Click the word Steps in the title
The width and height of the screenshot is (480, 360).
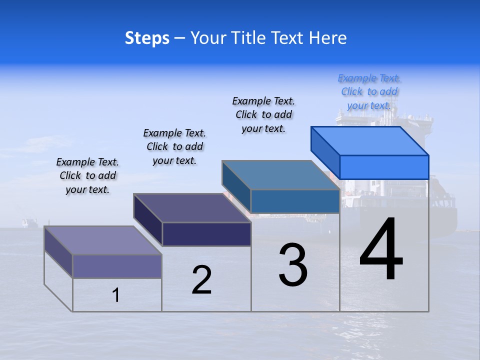[147, 38]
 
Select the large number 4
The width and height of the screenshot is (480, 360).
[381, 250]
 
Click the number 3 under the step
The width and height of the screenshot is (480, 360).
[293, 265]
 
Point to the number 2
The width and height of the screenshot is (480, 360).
[202, 280]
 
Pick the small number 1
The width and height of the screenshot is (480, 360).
[116, 295]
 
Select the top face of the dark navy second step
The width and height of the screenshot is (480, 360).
[192, 208]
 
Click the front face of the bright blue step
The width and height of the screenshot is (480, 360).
[384, 167]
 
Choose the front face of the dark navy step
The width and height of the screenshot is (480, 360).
[206, 234]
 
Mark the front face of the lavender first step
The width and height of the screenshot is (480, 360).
[117, 266]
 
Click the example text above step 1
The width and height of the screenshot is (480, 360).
[87, 175]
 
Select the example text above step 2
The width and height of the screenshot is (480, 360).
[174, 146]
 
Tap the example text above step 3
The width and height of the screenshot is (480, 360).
[263, 114]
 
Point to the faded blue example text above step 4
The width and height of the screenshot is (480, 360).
[369, 91]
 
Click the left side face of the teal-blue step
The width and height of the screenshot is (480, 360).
[236, 186]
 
